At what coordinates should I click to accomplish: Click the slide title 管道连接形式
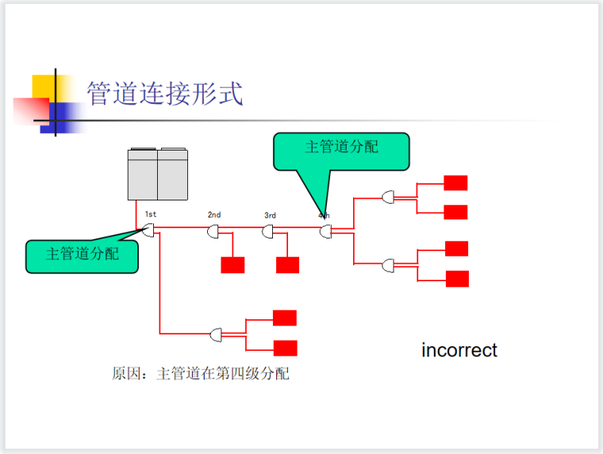point(164,93)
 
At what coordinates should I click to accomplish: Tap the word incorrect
point(459,350)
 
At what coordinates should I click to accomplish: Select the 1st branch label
point(151,215)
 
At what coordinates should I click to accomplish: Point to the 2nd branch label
point(214,215)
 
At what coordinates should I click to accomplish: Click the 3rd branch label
point(270,215)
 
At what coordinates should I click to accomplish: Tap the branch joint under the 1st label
point(148,231)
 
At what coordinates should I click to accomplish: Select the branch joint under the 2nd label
point(213,232)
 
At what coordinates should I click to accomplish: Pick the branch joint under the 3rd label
point(268,232)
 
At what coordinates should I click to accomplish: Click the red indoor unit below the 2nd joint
point(232,265)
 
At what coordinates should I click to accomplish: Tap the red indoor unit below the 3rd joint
point(287,265)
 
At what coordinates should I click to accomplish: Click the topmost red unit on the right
point(455,183)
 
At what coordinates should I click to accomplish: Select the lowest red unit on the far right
point(457,278)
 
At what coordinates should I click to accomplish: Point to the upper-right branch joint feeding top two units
point(388,196)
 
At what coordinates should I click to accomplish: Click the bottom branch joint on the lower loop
point(217,335)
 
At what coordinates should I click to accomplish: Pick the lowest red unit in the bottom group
point(285,347)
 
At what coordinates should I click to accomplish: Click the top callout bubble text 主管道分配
point(341,147)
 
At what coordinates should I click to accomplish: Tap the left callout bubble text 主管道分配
point(83,254)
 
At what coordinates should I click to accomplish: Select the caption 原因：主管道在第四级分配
point(200,373)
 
